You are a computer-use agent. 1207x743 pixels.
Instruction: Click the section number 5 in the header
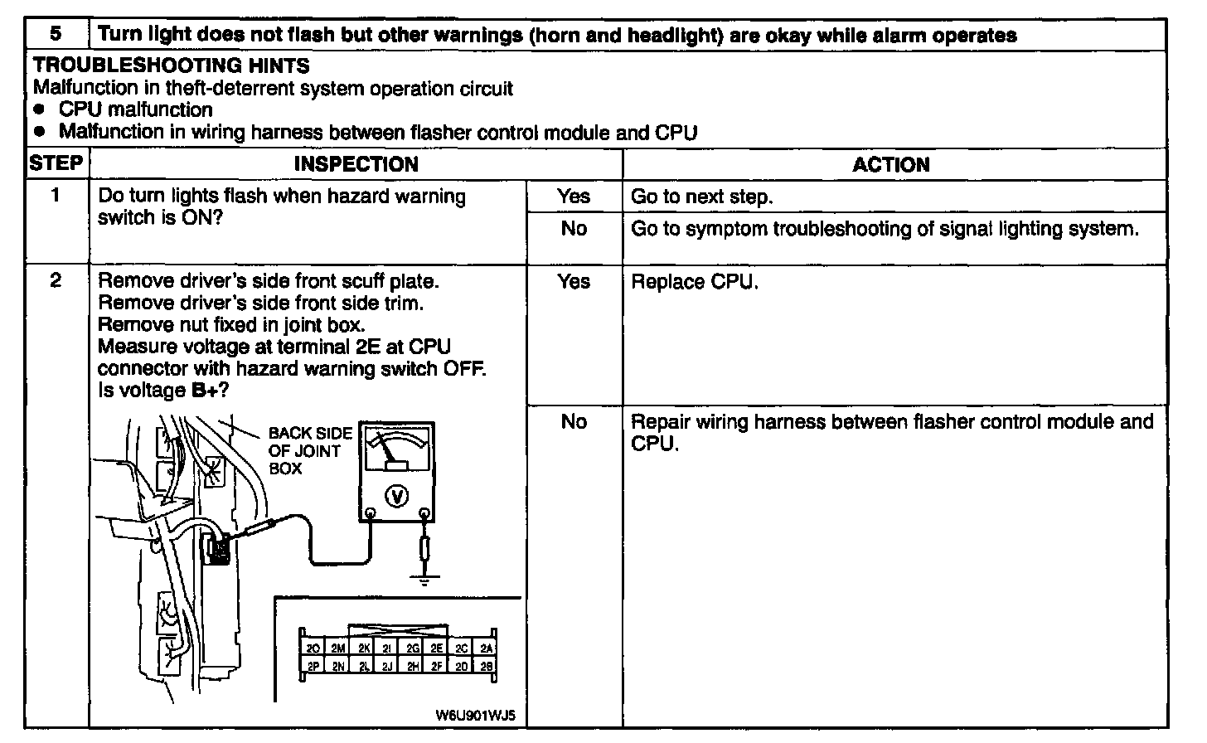[56, 35]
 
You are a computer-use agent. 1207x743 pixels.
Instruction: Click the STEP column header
[56, 163]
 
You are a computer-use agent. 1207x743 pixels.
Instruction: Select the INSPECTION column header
[356, 164]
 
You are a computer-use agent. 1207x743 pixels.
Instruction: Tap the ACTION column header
[891, 164]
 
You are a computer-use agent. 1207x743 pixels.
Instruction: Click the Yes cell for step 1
[574, 197]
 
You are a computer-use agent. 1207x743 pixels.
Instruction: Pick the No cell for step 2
[574, 422]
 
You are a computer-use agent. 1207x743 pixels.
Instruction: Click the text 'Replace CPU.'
[695, 282]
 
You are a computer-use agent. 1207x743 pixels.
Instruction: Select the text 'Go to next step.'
[701, 197]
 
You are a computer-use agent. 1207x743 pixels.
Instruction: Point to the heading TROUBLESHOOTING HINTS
[172, 66]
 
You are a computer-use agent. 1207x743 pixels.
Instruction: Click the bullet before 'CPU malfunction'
[39, 110]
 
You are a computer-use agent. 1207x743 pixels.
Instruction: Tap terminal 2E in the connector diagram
[437, 648]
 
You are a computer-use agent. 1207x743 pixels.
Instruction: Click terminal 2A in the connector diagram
[487, 648]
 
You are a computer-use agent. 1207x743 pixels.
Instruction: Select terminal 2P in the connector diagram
[313, 666]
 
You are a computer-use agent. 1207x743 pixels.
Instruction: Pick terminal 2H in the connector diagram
[413, 666]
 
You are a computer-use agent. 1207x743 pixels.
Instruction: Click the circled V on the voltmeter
[398, 496]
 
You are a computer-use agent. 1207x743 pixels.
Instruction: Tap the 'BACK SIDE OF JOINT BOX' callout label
[309, 451]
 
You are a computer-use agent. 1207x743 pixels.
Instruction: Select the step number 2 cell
[56, 281]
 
